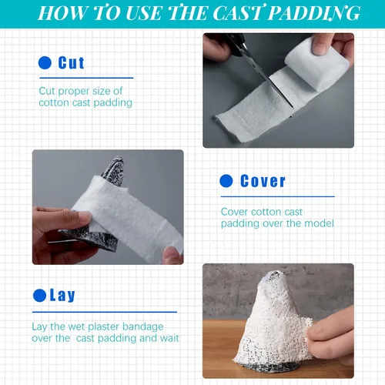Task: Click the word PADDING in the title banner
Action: (x=314, y=12)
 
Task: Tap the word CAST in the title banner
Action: (x=238, y=12)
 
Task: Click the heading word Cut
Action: (x=71, y=63)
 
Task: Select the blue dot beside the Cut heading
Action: (x=45, y=63)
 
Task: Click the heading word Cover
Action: (x=263, y=181)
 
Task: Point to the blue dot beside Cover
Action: (x=226, y=181)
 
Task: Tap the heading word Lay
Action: (x=62, y=295)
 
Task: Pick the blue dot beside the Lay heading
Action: (x=39, y=296)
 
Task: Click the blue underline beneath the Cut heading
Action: (x=86, y=78)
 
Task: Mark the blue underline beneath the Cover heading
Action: (x=278, y=196)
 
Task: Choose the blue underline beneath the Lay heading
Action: (x=105, y=312)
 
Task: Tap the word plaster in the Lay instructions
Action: (x=104, y=327)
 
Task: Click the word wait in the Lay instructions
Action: (x=169, y=338)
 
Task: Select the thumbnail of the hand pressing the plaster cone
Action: (x=278, y=321)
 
